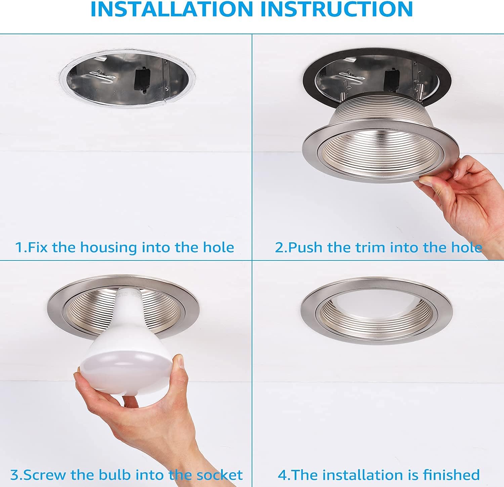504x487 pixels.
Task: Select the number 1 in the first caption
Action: coord(19,248)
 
